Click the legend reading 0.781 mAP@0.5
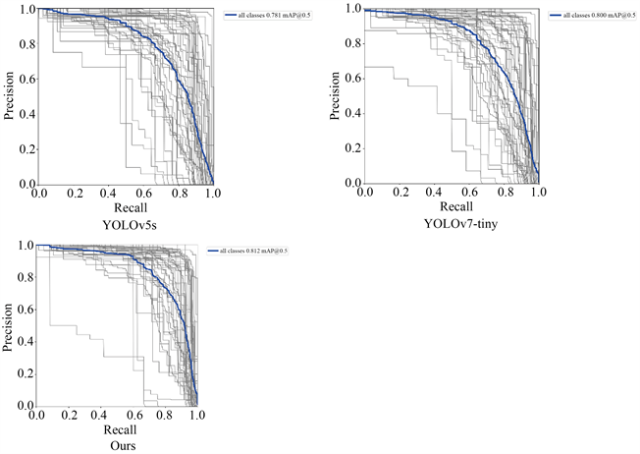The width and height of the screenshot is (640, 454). point(266,16)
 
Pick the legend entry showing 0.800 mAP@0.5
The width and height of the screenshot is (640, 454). point(591,16)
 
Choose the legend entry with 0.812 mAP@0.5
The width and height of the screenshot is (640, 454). point(252,252)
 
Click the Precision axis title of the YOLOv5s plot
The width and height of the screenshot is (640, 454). point(9,96)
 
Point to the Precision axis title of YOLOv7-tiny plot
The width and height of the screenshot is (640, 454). point(334,96)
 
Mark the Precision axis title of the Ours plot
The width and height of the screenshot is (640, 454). point(8,325)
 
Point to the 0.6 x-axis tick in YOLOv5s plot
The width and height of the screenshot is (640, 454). point(144,194)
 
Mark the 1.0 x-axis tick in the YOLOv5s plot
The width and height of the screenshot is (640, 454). point(213,194)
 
